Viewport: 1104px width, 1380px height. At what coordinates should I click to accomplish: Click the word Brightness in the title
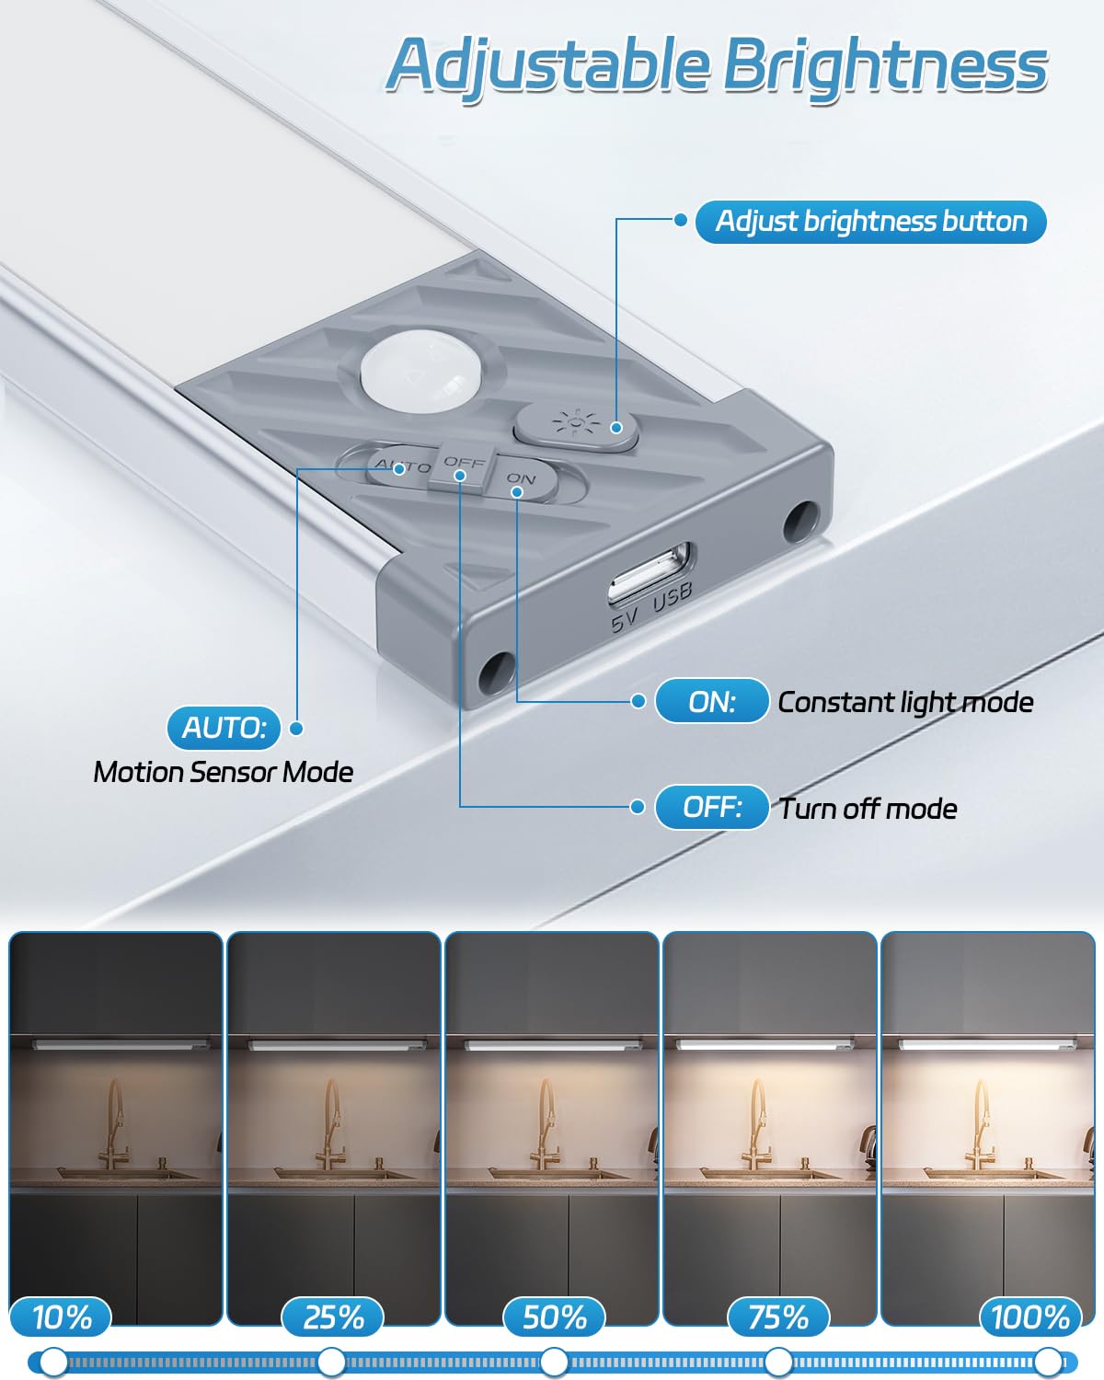(x=885, y=66)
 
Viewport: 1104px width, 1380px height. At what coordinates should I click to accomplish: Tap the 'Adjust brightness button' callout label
(x=870, y=222)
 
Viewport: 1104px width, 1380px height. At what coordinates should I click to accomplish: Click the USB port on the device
(x=649, y=574)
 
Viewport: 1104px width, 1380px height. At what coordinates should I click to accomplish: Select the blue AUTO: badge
(x=224, y=728)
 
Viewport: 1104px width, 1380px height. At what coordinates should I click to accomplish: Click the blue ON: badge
(x=711, y=702)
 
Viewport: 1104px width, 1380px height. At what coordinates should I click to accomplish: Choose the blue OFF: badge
(x=711, y=808)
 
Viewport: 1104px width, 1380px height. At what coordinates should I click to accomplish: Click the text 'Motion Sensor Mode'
(x=224, y=772)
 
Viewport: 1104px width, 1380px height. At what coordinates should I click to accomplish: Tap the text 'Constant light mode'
(x=905, y=703)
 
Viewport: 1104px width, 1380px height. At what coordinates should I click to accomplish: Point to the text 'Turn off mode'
(x=868, y=809)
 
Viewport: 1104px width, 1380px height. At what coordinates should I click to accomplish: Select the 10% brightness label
(x=62, y=1317)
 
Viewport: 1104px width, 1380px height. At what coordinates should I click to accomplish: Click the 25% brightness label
(x=333, y=1317)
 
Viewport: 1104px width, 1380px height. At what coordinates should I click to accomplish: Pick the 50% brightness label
(x=554, y=1317)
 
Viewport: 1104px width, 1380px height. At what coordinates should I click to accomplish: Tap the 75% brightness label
(x=778, y=1317)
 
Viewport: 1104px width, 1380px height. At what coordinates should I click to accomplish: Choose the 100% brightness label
(x=1029, y=1317)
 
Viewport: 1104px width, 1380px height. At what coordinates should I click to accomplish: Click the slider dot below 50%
(x=554, y=1361)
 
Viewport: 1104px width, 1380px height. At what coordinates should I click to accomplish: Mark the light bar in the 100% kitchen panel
(x=987, y=1044)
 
